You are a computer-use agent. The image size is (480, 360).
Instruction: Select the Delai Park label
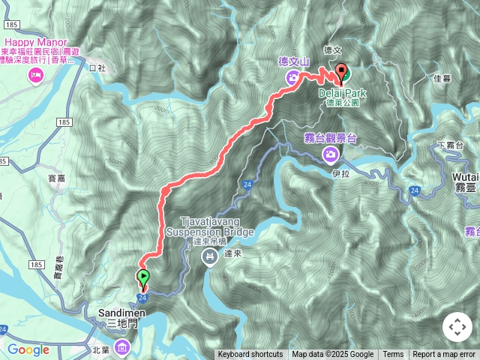point(342,93)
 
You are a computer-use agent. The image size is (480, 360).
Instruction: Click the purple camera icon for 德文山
point(292,77)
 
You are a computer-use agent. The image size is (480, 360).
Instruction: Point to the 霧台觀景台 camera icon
point(330,154)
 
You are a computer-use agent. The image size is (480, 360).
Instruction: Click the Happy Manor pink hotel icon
point(34,74)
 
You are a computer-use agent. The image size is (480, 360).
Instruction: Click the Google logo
point(28,349)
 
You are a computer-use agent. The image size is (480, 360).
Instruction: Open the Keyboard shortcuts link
point(250,355)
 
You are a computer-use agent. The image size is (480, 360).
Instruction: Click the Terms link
point(393,355)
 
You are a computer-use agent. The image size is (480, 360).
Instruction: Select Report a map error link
point(444,355)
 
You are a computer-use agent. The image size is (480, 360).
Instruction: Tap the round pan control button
point(457,327)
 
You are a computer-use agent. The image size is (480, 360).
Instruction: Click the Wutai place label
point(466,177)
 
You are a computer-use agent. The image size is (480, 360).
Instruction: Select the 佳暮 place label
point(442,77)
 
